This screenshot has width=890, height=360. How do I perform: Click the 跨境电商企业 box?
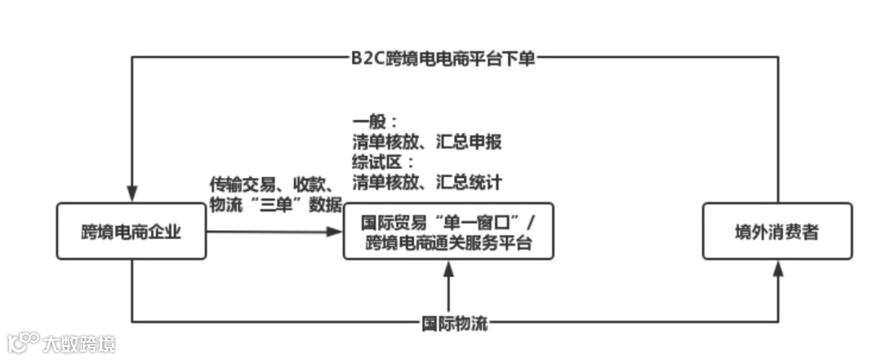131,231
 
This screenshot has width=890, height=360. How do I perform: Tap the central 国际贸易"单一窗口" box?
448,231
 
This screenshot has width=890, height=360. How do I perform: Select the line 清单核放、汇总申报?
426,142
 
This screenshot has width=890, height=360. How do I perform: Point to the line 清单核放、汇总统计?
426,180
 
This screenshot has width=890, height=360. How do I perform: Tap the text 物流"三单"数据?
275,205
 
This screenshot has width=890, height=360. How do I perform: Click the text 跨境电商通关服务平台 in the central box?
448,243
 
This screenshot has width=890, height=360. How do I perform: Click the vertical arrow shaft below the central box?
448,292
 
